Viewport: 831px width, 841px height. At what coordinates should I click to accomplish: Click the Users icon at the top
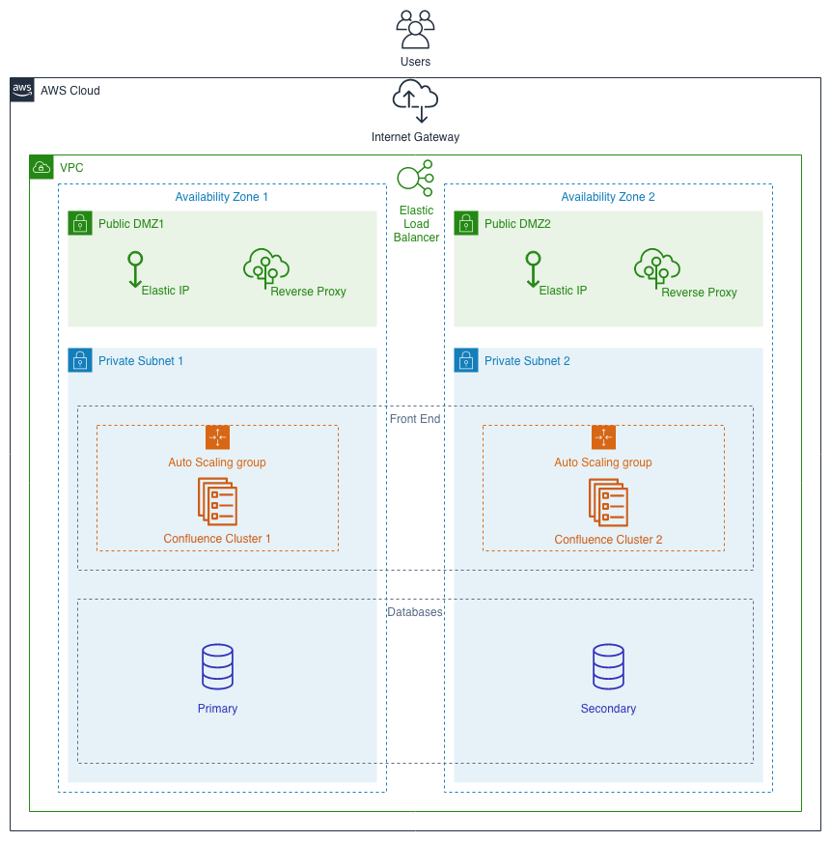[415, 29]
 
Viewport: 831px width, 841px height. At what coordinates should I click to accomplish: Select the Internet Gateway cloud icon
[415, 100]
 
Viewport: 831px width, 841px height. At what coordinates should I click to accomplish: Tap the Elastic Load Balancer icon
[415, 179]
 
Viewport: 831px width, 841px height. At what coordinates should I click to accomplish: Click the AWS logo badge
[22, 90]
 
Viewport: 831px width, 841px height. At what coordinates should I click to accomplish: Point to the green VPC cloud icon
[42, 167]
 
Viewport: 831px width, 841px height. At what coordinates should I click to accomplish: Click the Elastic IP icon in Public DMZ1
[136, 269]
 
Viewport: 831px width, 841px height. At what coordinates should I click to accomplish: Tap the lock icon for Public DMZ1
[80, 223]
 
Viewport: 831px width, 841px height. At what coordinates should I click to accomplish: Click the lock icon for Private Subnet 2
[466, 360]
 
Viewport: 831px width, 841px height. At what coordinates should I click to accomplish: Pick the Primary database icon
[217, 667]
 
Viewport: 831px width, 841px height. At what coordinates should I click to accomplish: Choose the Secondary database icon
[608, 667]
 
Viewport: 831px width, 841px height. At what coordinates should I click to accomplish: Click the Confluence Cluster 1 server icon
[217, 501]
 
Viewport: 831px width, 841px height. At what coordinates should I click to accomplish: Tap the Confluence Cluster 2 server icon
[608, 501]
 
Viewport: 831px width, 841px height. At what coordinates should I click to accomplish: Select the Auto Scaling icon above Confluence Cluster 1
[217, 437]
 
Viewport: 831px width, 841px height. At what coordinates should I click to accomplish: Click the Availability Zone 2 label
[608, 197]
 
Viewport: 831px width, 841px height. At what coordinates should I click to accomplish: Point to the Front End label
[415, 419]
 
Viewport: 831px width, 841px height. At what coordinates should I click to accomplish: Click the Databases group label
[415, 612]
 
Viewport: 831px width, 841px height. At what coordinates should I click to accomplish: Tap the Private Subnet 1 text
[141, 361]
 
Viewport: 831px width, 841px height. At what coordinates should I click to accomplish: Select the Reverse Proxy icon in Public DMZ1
[266, 269]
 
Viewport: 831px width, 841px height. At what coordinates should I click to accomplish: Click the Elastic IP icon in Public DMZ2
[532, 269]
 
